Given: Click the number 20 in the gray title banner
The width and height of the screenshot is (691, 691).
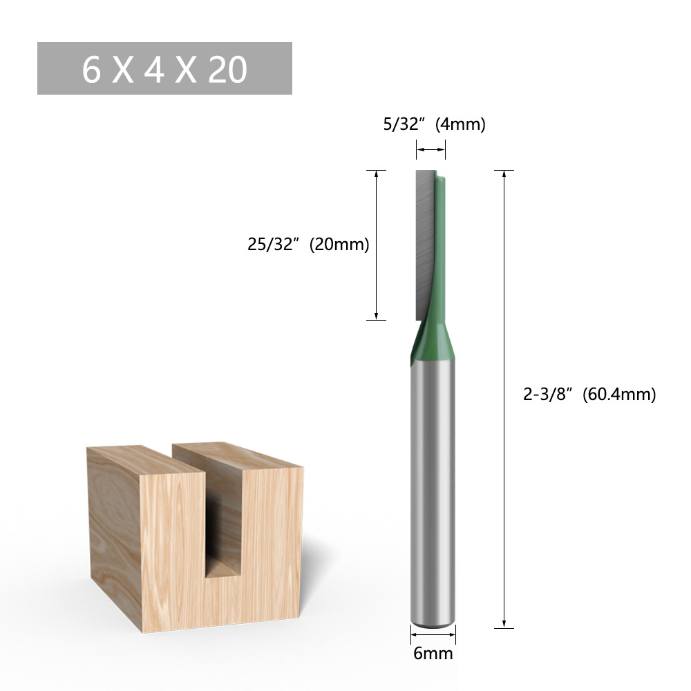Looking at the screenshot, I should click(x=226, y=70).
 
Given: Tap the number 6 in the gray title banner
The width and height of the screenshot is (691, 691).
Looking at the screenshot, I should click(x=92, y=70).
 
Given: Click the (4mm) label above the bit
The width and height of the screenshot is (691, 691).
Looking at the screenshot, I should click(x=461, y=125).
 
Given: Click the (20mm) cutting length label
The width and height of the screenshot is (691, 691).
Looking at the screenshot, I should click(x=339, y=245).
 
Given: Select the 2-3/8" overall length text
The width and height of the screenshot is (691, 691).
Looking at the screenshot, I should click(x=547, y=395).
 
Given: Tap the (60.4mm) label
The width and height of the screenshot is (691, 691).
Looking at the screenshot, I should click(x=618, y=395).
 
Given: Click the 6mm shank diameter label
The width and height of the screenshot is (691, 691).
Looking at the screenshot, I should click(x=433, y=653).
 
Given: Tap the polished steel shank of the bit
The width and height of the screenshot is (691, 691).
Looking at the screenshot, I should click(x=433, y=484).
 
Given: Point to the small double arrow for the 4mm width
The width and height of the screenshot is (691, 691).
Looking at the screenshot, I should click(x=430, y=149).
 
